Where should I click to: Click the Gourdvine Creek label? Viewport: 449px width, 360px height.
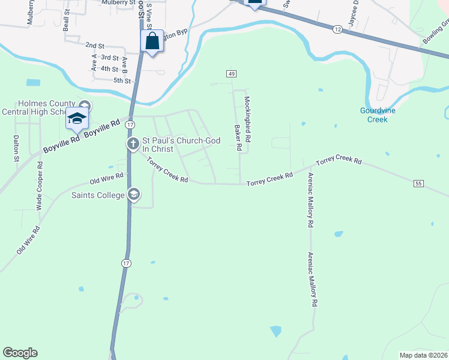(374, 115)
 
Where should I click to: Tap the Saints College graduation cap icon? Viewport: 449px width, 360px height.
(134, 194)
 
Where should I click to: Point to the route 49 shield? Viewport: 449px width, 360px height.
(231, 74)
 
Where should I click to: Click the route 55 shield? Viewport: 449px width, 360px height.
(418, 183)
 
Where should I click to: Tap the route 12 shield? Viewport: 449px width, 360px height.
(338, 29)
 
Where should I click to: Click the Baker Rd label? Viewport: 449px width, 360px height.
(238, 138)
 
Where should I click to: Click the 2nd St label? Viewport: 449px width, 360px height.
(95, 46)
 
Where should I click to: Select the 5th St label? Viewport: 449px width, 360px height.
(122, 80)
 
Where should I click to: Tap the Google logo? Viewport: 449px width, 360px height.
(20, 353)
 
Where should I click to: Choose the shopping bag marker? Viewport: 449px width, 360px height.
(152, 42)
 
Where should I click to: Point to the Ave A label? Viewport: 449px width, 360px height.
(94, 62)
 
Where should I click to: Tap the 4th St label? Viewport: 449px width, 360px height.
(109, 69)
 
